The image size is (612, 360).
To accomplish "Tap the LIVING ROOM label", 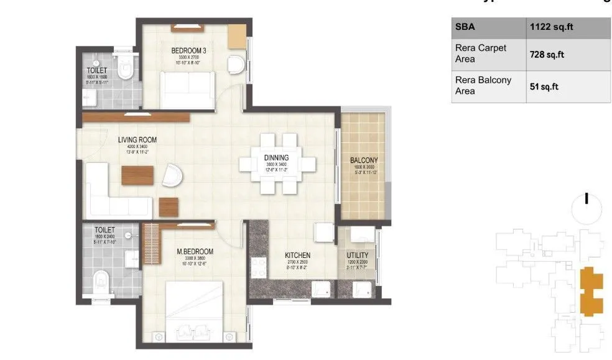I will [x=137, y=140].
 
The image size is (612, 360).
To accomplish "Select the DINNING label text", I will [x=276, y=158].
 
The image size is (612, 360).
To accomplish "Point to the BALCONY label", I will [x=364, y=160].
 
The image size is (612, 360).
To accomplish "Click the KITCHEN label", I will [x=297, y=256].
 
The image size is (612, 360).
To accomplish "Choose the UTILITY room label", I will [x=358, y=256].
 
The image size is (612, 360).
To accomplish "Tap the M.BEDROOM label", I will [x=195, y=251].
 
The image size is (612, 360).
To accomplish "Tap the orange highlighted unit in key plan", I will [x=591, y=291].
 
